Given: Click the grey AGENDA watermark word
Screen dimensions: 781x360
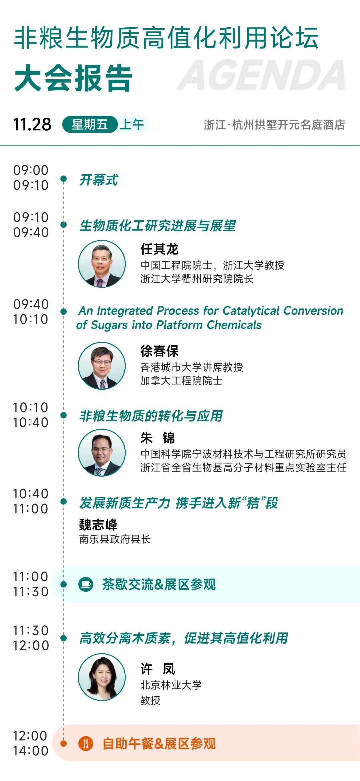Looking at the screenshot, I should click(x=262, y=75).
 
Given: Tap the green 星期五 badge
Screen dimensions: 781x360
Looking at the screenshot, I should click(x=90, y=125).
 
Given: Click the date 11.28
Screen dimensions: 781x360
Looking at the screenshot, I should click(x=32, y=125).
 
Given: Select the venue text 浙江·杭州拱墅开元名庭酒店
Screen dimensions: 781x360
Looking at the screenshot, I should click(x=274, y=125).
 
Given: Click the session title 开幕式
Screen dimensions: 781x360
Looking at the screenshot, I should click(x=99, y=180).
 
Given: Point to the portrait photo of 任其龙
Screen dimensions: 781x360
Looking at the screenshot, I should click(x=102, y=264).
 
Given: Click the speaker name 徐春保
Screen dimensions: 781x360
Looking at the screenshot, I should click(x=159, y=351).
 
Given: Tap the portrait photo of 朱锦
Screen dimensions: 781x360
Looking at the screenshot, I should click(x=102, y=452).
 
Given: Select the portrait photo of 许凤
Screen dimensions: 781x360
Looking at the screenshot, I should click(x=102, y=677).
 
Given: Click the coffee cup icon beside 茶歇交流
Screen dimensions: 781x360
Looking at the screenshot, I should click(x=86, y=584).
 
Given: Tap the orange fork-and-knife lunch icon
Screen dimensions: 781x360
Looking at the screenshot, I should click(x=86, y=743).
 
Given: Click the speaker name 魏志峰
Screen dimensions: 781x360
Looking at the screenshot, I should click(x=98, y=525).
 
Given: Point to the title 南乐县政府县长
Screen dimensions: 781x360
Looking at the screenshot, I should click(x=115, y=539).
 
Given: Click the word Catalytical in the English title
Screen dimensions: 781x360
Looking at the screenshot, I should click(x=251, y=311).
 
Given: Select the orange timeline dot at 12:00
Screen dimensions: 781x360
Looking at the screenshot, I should click(x=64, y=743).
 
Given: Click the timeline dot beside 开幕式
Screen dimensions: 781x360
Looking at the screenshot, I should click(x=64, y=179).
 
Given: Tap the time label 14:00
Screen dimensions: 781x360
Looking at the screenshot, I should click(x=31, y=751).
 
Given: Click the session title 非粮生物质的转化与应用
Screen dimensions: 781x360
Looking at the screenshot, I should click(x=151, y=416).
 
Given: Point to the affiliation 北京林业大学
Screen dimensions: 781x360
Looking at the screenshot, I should click(x=171, y=685).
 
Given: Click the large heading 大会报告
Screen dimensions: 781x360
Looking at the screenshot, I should click(x=73, y=78).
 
